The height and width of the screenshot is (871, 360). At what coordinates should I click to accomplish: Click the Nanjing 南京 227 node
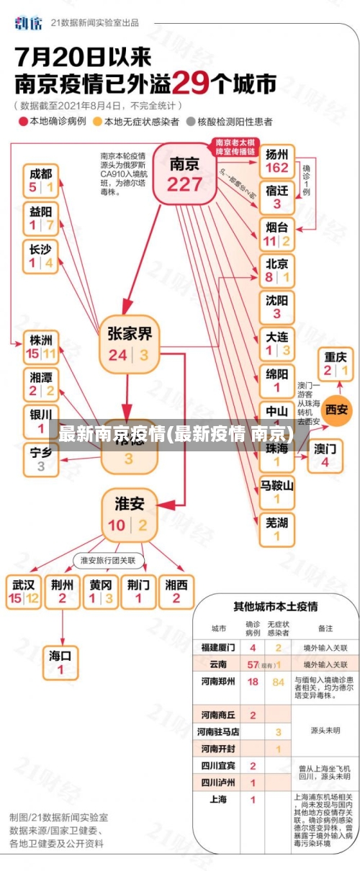[x=184, y=173]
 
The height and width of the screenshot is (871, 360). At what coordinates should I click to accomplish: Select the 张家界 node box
[x=130, y=343]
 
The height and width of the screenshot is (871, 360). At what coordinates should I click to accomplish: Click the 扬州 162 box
[x=277, y=161]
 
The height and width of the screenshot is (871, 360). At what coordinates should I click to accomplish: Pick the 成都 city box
[x=41, y=180]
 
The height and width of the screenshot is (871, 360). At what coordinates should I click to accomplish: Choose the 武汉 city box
[x=23, y=591]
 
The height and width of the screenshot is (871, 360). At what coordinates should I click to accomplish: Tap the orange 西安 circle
[x=336, y=409]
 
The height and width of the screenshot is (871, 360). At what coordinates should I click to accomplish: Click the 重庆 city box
[x=336, y=364]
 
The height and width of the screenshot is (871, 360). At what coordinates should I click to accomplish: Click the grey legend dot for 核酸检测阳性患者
[x=191, y=122]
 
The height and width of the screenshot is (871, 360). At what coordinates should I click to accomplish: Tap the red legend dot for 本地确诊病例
[x=22, y=122]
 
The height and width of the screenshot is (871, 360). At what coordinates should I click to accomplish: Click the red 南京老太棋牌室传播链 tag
[x=236, y=147]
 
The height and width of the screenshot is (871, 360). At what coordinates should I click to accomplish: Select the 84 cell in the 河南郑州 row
[x=278, y=681]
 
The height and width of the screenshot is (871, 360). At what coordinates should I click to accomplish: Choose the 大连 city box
[x=277, y=343]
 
